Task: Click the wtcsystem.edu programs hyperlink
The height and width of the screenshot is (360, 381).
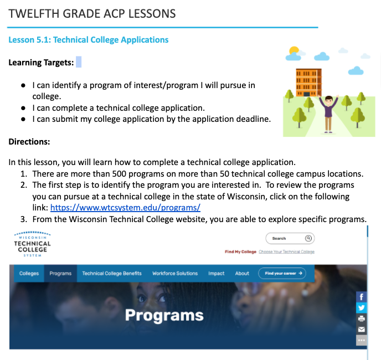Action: pyautogui.click(x=125, y=208)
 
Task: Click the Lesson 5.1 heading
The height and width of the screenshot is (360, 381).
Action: pyautogui.click(x=89, y=40)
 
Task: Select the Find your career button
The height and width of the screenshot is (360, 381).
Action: pyautogui.click(x=282, y=273)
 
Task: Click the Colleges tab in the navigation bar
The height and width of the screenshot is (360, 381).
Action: pyautogui.click(x=29, y=274)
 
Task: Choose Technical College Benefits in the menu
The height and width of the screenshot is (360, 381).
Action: pyautogui.click(x=112, y=274)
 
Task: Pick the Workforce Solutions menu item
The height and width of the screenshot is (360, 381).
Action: pyautogui.click(x=175, y=274)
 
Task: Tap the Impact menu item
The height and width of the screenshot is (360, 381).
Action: pyautogui.click(x=216, y=274)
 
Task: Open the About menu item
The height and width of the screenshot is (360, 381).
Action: pyautogui.click(x=242, y=274)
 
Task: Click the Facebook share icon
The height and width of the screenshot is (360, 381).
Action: pyautogui.click(x=362, y=297)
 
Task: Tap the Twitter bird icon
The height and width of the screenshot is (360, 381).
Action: pyautogui.click(x=362, y=308)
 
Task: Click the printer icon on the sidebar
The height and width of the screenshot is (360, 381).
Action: pyautogui.click(x=362, y=318)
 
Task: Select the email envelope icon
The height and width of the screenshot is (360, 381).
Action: pyautogui.click(x=362, y=330)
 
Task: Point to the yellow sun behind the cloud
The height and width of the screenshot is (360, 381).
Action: pyautogui.click(x=294, y=51)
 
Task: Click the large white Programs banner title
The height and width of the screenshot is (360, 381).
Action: pyautogui.click(x=164, y=315)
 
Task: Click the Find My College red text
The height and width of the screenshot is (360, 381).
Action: pyautogui.click(x=240, y=252)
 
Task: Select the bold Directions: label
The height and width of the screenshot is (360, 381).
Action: pyautogui.click(x=29, y=142)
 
